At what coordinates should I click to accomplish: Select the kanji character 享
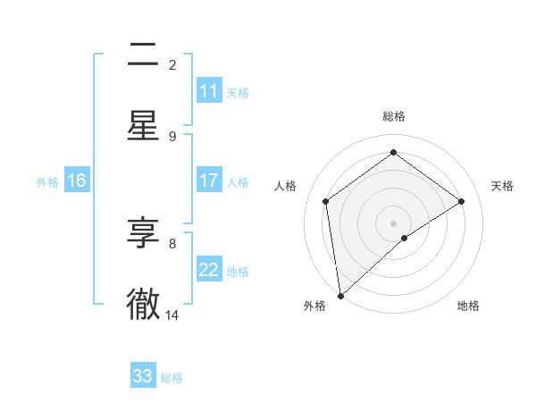point(143,233)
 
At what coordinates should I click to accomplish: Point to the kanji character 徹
point(143,305)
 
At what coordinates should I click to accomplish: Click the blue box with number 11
point(209,91)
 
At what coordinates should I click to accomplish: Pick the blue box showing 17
point(209,181)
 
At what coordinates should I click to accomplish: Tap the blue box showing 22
point(209,270)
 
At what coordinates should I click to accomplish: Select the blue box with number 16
point(77,181)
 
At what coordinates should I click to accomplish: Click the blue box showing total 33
point(143,376)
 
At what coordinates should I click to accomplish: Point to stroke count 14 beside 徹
point(172,315)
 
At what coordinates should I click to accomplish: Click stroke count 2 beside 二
point(172,64)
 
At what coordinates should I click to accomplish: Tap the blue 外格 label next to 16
point(47,181)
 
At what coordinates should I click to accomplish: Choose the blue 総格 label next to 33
point(172,377)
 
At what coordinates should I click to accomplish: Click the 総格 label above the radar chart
point(394,116)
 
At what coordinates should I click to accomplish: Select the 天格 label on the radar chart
point(503,186)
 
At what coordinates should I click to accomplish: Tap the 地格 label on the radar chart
point(468,306)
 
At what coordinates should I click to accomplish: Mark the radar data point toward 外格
point(340,295)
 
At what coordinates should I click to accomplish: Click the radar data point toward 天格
point(462,201)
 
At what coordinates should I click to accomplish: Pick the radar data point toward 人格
point(326,201)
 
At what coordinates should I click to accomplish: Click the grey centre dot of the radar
point(394,223)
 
